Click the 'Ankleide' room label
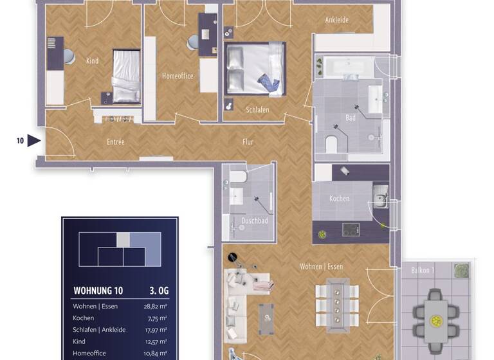tap(336, 20)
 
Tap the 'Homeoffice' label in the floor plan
tap(178, 76)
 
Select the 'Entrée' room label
tap(115, 141)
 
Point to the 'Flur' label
tap(248, 141)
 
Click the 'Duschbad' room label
tap(254, 221)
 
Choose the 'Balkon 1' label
tap(423, 271)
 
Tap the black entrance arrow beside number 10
tap(33, 140)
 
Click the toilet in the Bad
tap(333, 145)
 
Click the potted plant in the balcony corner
tap(461, 271)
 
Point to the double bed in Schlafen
tap(255, 69)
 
